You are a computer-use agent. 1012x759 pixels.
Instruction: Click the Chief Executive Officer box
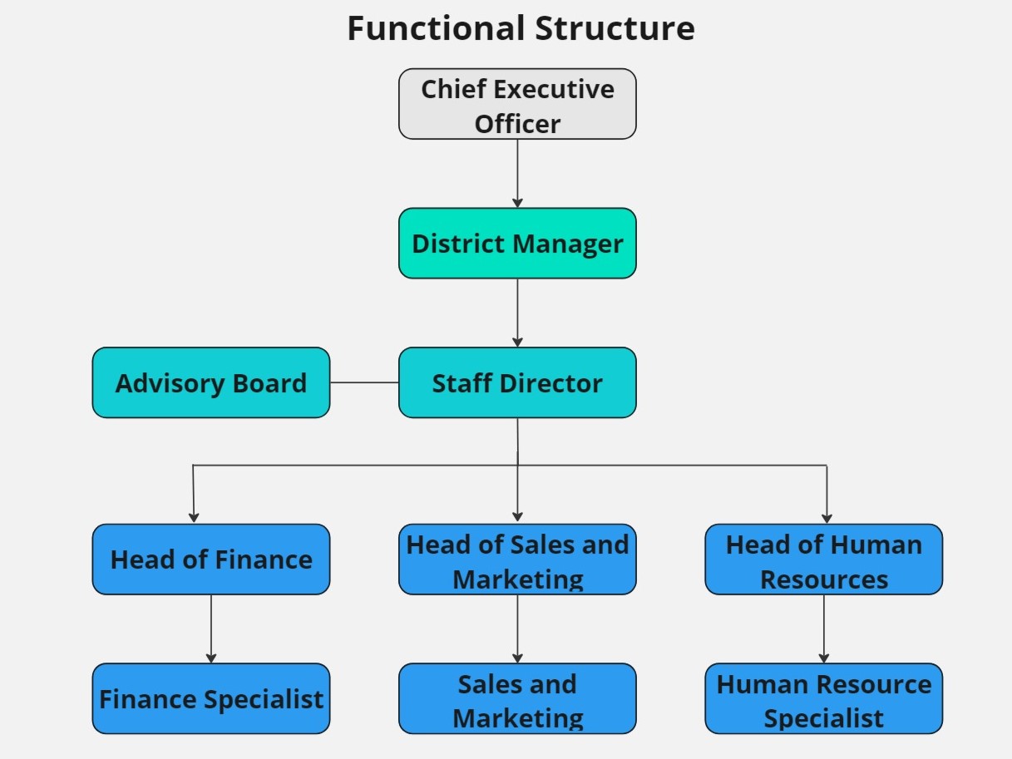(x=517, y=104)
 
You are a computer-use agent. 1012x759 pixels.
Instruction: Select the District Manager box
(x=517, y=244)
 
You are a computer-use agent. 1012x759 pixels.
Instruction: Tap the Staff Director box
(x=517, y=383)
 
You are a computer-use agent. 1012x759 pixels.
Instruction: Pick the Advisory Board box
(x=211, y=383)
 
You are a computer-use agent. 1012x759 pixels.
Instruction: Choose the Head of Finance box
(x=211, y=559)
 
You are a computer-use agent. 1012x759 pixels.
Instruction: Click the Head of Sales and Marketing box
(x=517, y=559)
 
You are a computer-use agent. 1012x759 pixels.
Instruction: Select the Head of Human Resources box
(x=824, y=559)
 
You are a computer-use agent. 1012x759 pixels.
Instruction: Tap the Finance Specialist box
(x=211, y=699)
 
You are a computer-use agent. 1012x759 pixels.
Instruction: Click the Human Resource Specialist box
(x=824, y=699)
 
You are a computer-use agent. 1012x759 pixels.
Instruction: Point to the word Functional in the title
(x=436, y=29)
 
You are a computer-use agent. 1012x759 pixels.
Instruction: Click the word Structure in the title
(x=615, y=29)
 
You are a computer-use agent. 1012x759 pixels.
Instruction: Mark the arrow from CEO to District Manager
(x=517, y=173)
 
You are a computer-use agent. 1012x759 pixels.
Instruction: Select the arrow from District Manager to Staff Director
(x=517, y=313)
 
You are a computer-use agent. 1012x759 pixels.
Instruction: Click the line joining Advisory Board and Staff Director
(x=364, y=382)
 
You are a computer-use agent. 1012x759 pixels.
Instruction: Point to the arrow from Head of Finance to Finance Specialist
(x=211, y=628)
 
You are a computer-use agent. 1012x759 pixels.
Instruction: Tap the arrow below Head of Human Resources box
(x=824, y=628)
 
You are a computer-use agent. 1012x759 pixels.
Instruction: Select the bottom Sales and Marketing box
(x=517, y=699)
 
